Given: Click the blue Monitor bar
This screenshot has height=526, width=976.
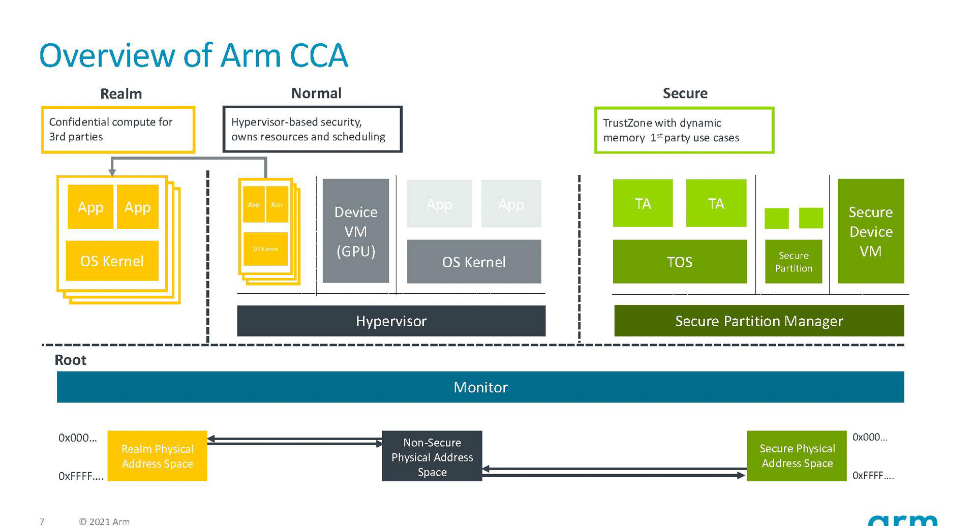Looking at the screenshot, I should click(x=480, y=387).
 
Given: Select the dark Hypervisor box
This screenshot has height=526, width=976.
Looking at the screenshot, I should click(x=391, y=321).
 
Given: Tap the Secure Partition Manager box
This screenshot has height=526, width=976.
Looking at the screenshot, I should click(x=758, y=321).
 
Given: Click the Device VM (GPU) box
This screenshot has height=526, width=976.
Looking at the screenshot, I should click(x=355, y=231).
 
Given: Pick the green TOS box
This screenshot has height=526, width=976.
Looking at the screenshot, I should click(x=679, y=262).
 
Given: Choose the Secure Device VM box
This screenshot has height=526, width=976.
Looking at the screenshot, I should click(x=870, y=231).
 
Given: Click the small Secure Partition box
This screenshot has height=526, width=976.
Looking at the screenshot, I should click(x=793, y=262).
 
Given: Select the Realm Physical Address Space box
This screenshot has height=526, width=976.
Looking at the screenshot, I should click(x=157, y=456).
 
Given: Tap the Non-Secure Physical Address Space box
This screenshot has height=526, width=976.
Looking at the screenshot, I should click(x=432, y=456).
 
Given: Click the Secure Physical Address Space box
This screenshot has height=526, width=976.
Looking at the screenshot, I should click(x=797, y=456).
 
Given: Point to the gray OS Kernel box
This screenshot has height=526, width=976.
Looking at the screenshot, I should click(x=474, y=262).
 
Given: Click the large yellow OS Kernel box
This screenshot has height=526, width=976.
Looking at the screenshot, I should click(x=112, y=261).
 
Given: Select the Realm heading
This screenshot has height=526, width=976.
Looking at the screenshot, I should click(x=121, y=94).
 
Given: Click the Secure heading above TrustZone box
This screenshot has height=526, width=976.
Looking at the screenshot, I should click(x=685, y=94).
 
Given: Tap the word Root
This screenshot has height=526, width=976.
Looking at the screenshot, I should click(x=70, y=360).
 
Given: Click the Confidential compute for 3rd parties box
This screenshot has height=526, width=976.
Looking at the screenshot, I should click(x=118, y=130).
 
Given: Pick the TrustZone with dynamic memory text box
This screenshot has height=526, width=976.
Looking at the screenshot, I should click(x=684, y=130).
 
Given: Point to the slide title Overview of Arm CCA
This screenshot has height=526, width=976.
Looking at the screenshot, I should click(x=193, y=55).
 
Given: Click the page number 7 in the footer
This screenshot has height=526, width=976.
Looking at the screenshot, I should click(x=42, y=521).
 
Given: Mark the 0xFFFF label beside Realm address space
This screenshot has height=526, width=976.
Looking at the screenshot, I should click(x=80, y=476).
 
